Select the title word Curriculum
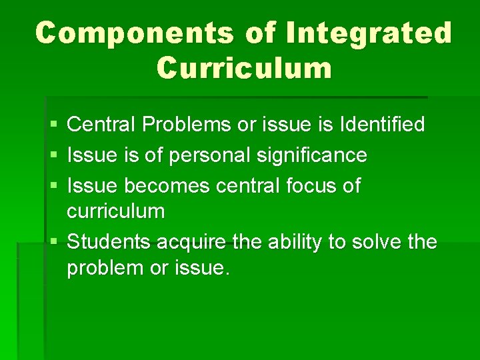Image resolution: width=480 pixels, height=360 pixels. pyautogui.click(x=244, y=68)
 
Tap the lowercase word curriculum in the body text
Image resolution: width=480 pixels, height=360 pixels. pyautogui.click(x=115, y=211)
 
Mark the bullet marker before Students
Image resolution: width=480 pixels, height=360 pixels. pyautogui.click(x=53, y=242)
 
